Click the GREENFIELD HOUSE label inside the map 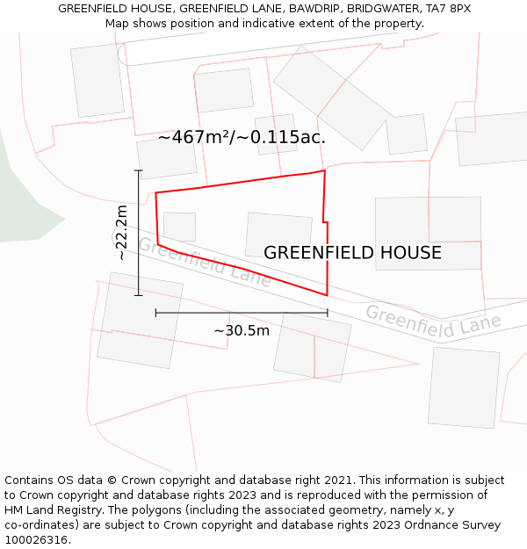click(352, 253)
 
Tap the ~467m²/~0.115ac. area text click(242, 138)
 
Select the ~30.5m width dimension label click(242, 330)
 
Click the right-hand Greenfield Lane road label click(433, 321)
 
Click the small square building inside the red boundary click(179, 227)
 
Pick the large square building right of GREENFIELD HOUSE click(428, 233)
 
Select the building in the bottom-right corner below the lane click(464, 386)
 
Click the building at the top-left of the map click(97, 80)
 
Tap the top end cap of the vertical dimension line click(138, 170)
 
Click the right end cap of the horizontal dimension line click(328, 312)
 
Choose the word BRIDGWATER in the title click(383, 8)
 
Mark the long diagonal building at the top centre click(332, 97)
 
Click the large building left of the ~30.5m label click(140, 320)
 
